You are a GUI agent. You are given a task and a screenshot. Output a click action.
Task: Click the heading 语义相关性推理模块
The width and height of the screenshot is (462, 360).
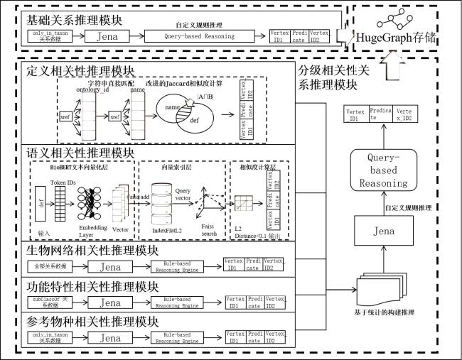click(x=80, y=152)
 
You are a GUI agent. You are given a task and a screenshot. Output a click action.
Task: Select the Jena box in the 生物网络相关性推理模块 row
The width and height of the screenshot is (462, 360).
click(x=109, y=267)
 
